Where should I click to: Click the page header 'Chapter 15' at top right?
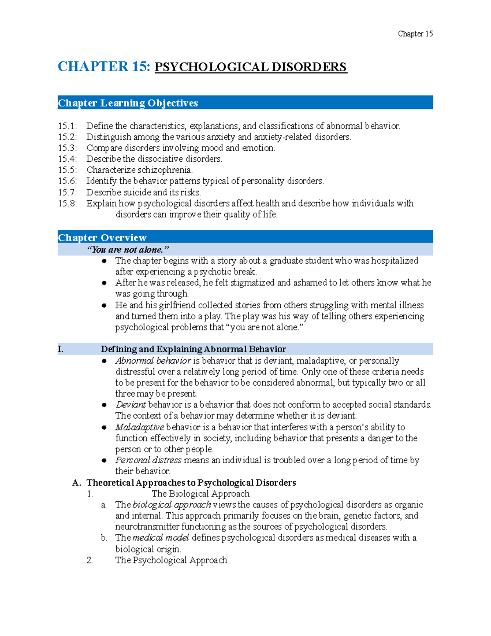coord(415,34)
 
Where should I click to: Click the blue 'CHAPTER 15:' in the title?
coord(104,67)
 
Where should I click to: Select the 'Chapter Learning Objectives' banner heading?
coord(128,103)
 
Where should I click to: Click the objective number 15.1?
coord(67,126)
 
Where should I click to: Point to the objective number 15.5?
coord(67,170)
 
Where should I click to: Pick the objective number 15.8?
coord(67,204)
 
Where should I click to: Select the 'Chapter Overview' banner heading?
coord(102,238)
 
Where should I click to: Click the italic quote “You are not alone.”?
coord(128,249)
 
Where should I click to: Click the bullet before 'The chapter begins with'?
coord(104,261)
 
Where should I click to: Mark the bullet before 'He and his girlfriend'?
coord(104,306)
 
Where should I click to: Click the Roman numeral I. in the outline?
coord(61,349)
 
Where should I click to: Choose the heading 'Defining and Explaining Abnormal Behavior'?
coord(193,349)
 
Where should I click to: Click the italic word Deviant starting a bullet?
coord(131,405)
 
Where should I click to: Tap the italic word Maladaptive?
coord(140,427)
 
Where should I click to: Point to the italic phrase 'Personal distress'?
coord(148,460)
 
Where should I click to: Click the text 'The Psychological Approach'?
coord(171,560)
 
